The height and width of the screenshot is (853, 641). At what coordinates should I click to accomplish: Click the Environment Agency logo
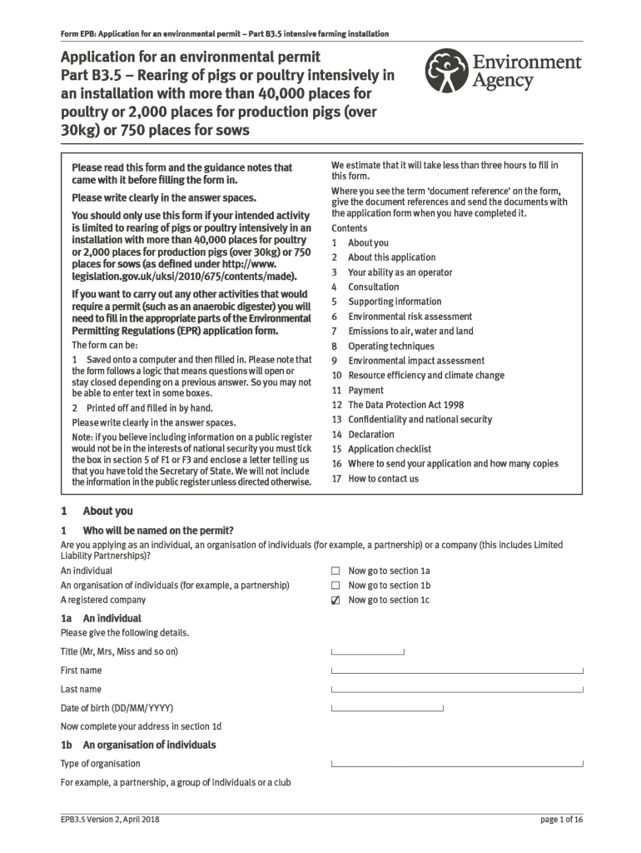point(502,72)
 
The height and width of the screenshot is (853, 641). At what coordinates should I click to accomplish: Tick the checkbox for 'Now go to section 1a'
point(335,571)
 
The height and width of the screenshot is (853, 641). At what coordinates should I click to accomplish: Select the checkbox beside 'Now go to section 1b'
point(335,586)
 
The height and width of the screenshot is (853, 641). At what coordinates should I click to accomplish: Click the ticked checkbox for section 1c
point(335,600)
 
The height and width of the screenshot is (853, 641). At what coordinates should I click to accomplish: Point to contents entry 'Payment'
point(365,390)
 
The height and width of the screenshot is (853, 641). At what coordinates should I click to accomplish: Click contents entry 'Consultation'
point(373,287)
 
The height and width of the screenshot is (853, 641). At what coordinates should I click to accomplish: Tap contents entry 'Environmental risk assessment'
point(410,317)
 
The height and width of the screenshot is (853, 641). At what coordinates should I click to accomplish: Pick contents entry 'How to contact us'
point(383,478)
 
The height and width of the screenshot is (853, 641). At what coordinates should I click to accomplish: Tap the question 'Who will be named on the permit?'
point(158,530)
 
